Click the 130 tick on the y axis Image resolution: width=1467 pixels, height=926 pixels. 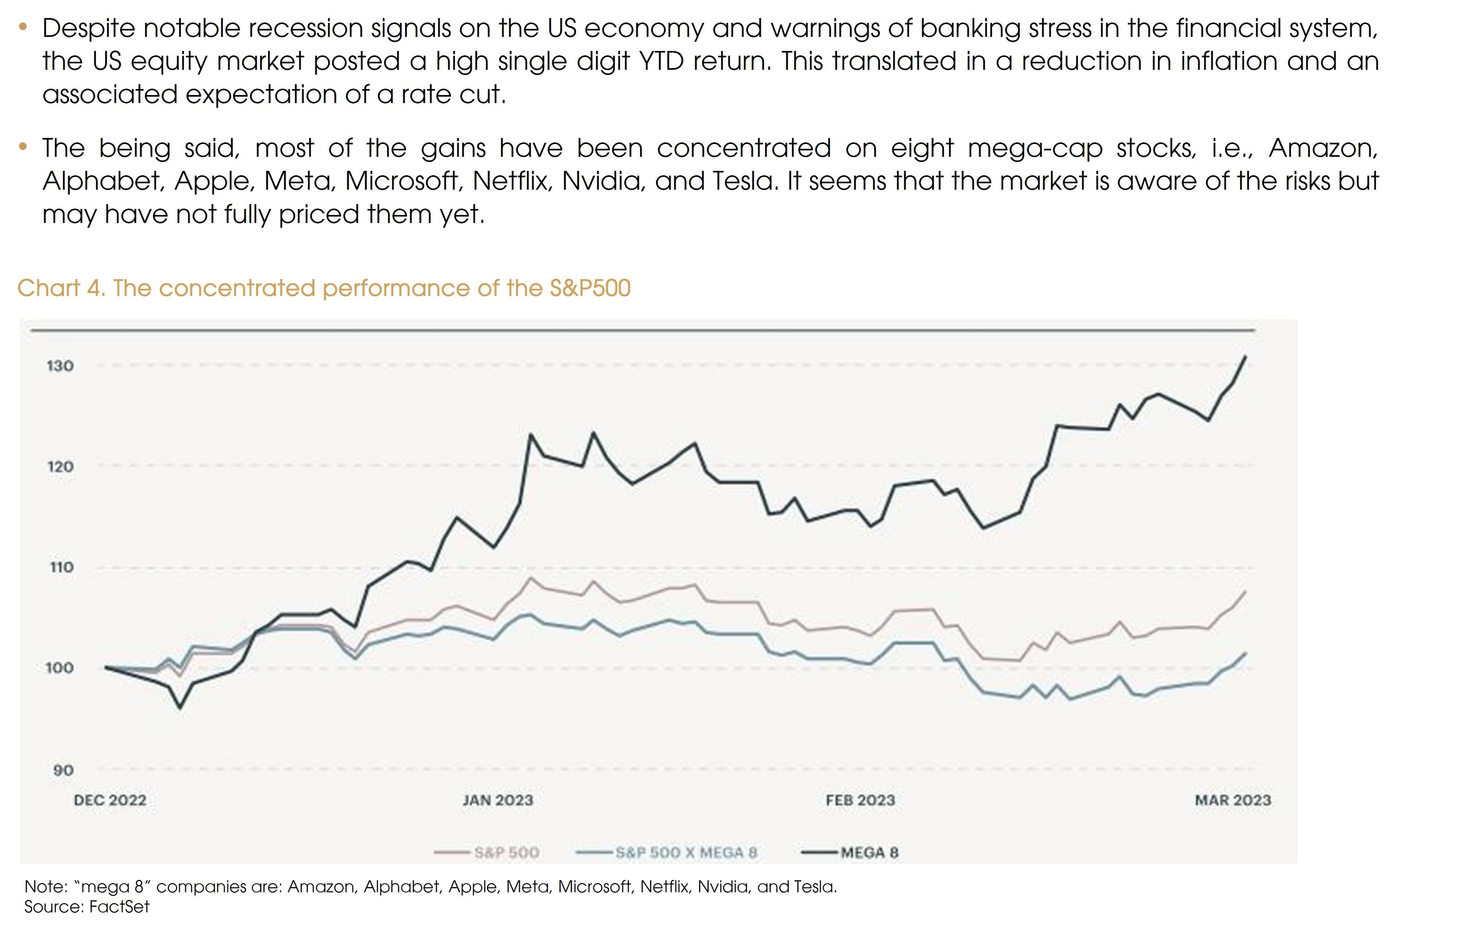click(60, 366)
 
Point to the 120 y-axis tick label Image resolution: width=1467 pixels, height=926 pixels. click(60, 466)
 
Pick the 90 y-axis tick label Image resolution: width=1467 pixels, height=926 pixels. click(63, 770)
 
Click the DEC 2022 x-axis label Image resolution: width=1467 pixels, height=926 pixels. click(110, 800)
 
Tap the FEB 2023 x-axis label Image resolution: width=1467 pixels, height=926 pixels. click(860, 800)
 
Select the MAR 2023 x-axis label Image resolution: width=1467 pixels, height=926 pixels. click(1233, 800)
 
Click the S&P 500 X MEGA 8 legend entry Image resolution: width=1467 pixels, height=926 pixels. click(685, 852)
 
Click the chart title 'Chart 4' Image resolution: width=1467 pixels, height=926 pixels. click(61, 288)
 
